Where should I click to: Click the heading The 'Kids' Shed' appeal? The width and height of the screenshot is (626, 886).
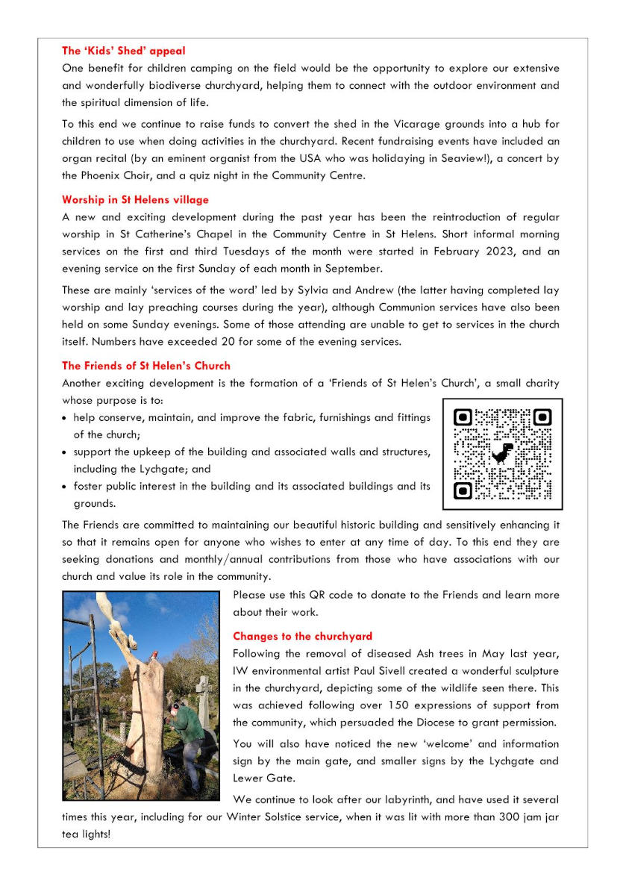tap(124, 51)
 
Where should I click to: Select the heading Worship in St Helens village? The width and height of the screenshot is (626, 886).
tap(135, 200)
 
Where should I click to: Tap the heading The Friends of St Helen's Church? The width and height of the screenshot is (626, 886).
tap(146, 366)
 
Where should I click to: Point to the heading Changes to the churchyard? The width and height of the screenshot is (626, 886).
tap(302, 636)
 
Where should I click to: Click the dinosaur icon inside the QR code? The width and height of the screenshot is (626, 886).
tap(503, 453)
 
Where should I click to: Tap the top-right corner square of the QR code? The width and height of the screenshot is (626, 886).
tap(542, 417)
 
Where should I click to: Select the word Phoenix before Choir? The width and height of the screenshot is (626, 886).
tap(98, 175)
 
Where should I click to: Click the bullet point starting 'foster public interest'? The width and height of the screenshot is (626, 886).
tap(66, 487)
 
